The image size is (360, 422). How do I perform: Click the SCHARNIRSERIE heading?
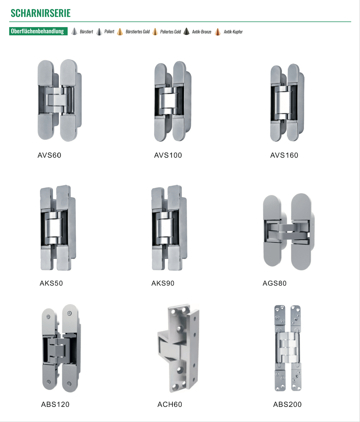click(x=40, y=13)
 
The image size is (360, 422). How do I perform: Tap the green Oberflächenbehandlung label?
click(x=38, y=31)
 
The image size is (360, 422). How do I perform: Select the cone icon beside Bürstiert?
click(x=74, y=32)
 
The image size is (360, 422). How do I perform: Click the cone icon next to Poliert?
click(x=99, y=32)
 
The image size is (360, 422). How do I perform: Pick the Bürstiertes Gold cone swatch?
click(x=120, y=32)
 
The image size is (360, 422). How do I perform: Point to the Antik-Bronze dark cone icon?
click(x=186, y=32)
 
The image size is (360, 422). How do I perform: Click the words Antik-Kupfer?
click(x=233, y=32)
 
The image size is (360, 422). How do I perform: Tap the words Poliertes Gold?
click(x=170, y=32)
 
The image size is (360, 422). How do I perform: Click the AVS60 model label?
click(x=49, y=155)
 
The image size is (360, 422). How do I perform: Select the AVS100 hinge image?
click(x=172, y=101)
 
